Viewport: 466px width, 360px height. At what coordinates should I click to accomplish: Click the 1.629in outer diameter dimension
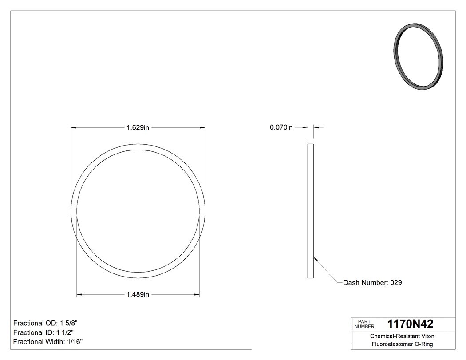point(138,128)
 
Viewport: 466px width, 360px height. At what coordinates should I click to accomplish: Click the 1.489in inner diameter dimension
point(138,294)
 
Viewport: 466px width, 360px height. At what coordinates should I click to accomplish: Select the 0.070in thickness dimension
point(281,128)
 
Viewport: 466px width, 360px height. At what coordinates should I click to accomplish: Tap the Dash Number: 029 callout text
point(372,283)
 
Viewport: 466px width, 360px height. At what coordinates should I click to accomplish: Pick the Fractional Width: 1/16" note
point(48,342)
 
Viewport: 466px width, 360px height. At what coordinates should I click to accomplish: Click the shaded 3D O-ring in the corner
point(419,58)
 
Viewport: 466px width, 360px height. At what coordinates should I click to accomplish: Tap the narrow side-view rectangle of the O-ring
point(311,211)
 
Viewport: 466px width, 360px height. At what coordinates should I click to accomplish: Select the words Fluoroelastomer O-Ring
point(402,344)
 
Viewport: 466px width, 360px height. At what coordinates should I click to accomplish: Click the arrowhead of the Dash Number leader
point(315,258)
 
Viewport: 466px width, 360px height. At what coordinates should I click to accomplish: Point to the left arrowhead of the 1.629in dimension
point(74,128)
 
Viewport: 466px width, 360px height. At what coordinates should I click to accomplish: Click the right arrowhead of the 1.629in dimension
point(202,128)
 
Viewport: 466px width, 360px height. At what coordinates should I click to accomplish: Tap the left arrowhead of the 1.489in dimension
point(79,294)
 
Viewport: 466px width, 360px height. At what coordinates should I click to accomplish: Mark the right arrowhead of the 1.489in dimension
point(196,294)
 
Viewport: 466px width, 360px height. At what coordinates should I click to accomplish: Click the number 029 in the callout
point(396,283)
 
